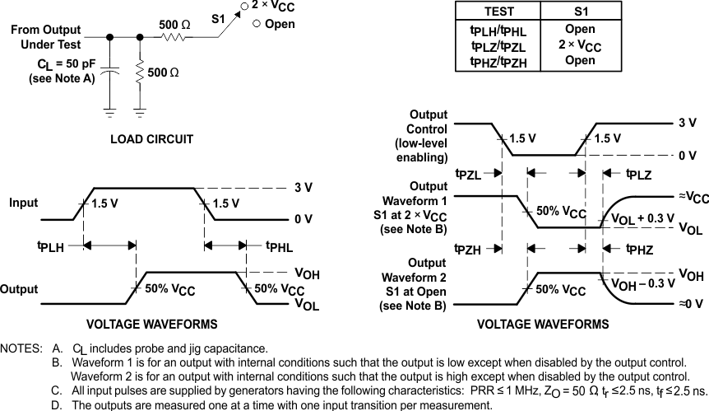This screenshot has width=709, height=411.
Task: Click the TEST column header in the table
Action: point(498,12)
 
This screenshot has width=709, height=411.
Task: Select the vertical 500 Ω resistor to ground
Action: point(140,74)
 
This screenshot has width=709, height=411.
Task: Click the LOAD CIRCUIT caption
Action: point(151,139)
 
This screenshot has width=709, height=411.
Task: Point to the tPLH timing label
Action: point(51,245)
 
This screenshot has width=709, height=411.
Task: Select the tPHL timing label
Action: point(280,245)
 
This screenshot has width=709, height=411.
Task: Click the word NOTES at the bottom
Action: point(23,349)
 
